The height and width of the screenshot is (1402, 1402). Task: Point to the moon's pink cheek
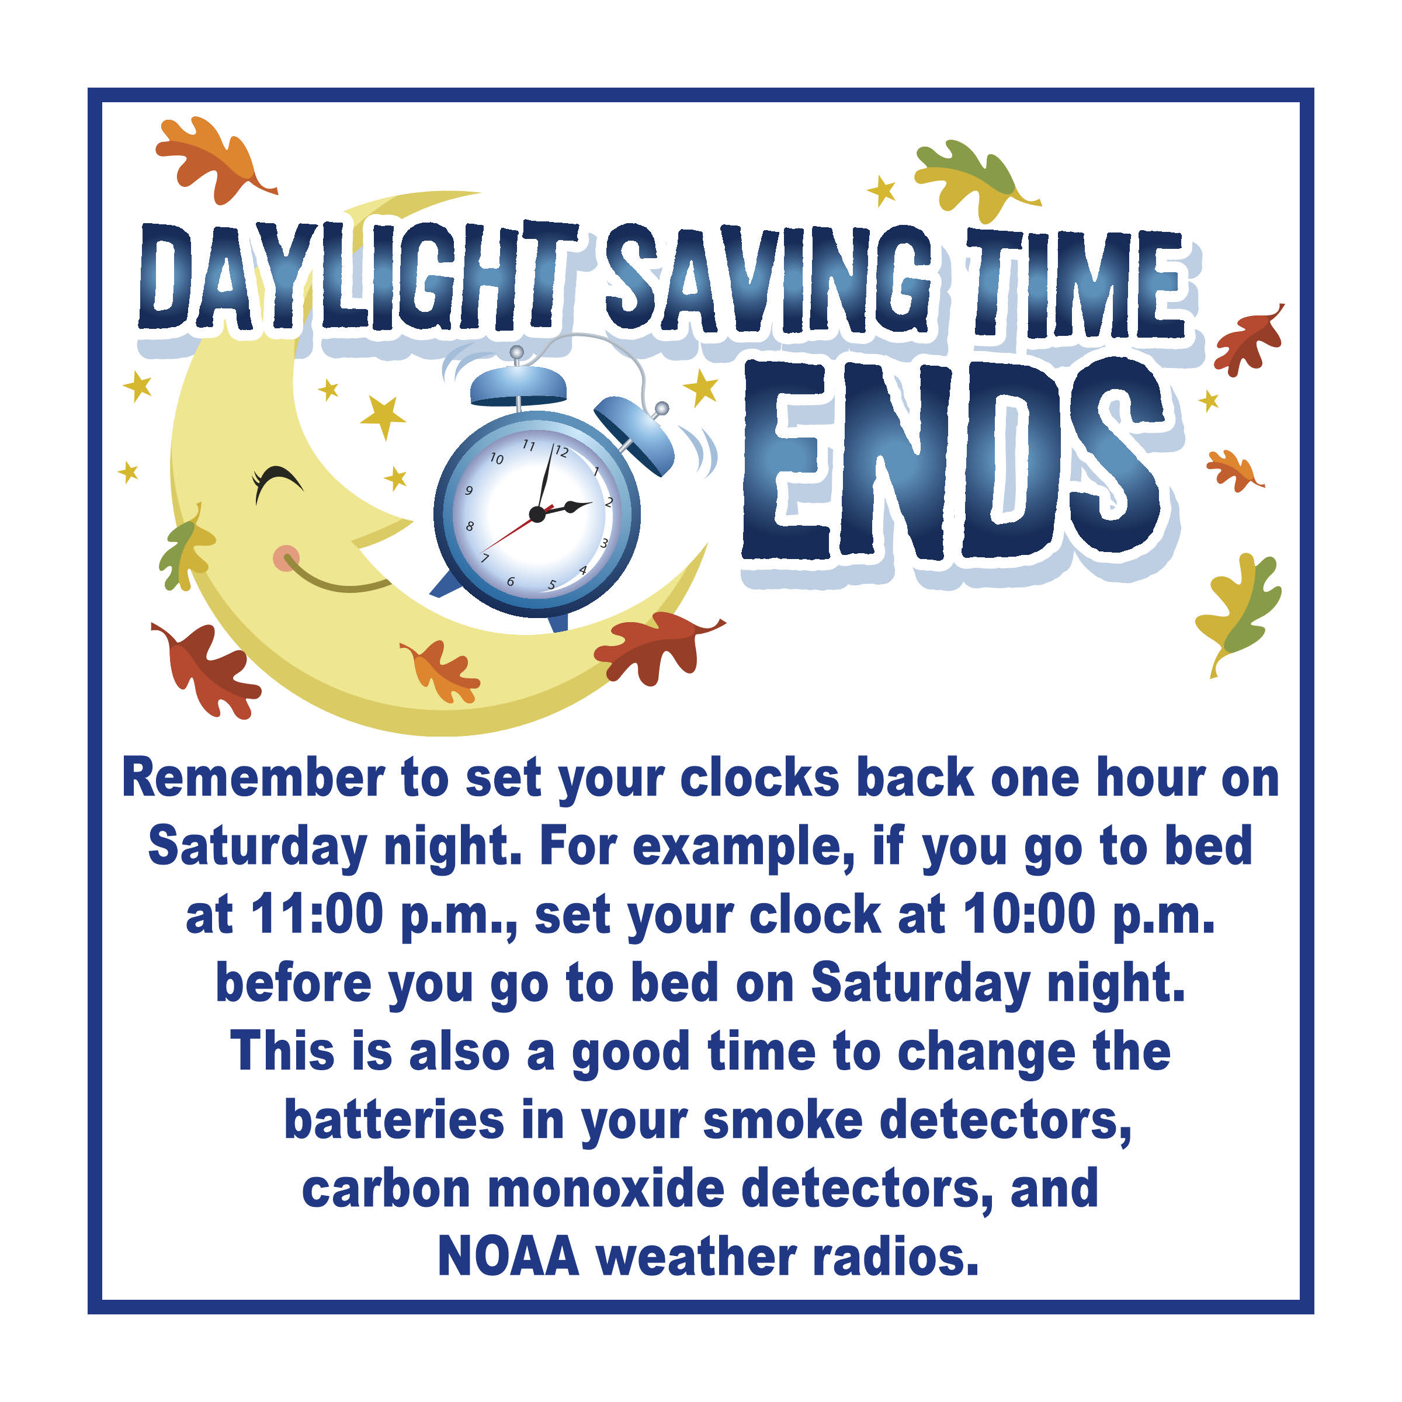(285, 557)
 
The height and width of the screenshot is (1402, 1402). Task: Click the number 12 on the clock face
(561, 452)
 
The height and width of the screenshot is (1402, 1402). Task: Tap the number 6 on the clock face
(511, 581)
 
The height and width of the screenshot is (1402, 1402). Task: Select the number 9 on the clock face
(469, 491)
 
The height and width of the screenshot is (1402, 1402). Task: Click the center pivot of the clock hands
(537, 515)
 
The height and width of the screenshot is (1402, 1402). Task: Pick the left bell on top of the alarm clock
(518, 384)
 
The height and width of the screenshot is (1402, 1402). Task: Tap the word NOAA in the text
(509, 1256)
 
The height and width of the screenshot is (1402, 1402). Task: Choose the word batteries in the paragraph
(394, 1120)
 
